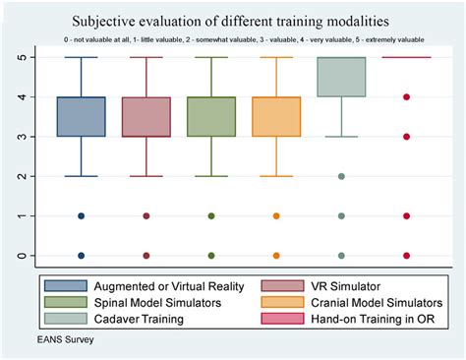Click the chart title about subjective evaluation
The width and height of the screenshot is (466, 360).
coord(233,20)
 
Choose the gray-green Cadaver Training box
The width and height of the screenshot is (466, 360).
coord(341,77)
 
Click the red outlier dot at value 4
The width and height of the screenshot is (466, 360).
coord(406,97)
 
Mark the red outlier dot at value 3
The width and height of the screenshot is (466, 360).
coord(406,137)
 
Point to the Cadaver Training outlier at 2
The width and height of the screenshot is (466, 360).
coord(341,176)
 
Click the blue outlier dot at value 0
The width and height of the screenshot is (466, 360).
coord(81,256)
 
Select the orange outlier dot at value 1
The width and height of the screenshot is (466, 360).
coord(276,216)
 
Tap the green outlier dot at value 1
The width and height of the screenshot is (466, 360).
coord(211,216)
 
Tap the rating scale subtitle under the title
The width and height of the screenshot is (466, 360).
coord(233,42)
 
